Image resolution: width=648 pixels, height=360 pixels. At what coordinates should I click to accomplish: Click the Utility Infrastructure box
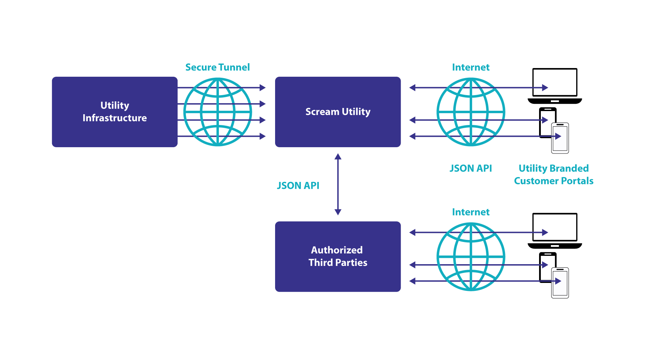point(114,112)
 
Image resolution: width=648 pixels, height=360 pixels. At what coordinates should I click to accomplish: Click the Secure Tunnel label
point(218,67)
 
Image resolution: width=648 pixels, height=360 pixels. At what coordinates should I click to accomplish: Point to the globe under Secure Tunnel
point(218,112)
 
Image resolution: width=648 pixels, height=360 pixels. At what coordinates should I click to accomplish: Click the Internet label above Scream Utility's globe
point(471,67)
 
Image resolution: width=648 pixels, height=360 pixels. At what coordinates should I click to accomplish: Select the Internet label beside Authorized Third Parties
point(471,212)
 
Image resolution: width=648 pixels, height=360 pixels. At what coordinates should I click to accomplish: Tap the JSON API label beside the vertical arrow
point(298,186)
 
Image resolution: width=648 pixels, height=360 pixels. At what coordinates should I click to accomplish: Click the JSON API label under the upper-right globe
point(471,168)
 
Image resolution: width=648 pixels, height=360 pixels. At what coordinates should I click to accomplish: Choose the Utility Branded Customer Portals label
point(554,175)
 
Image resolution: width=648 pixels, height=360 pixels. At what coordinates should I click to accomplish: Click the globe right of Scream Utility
point(471,112)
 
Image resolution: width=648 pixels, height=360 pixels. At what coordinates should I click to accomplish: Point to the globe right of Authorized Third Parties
point(471,257)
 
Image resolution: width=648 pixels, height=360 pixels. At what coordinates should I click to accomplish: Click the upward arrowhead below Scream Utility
point(338,157)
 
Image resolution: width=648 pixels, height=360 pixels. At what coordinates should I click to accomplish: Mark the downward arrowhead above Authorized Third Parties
point(338,212)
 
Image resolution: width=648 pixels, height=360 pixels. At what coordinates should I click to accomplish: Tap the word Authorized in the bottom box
point(337,250)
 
